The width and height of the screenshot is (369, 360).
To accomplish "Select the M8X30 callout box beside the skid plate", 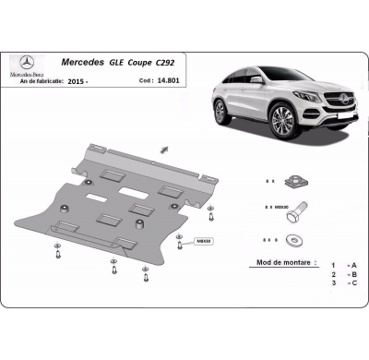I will click(203, 241).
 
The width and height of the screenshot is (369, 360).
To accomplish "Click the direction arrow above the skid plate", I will click(163, 149).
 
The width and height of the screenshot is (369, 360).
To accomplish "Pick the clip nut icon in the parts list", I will click(294, 183).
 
